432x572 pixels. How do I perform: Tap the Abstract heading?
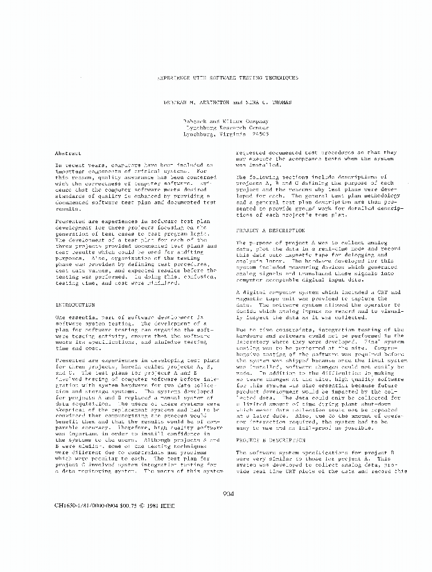click(68, 153)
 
